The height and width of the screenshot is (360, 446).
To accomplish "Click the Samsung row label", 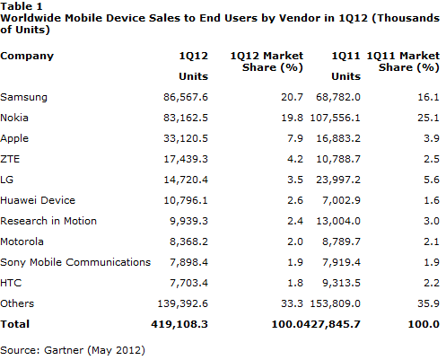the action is pyautogui.click(x=23, y=97).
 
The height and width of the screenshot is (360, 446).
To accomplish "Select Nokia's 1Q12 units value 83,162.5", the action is pyautogui.click(x=186, y=118).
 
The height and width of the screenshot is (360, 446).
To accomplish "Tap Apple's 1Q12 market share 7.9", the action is pyautogui.click(x=295, y=138).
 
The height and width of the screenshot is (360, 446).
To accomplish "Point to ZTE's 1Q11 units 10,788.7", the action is pyautogui.click(x=338, y=159).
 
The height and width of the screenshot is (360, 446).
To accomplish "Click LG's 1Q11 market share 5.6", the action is pyautogui.click(x=432, y=180).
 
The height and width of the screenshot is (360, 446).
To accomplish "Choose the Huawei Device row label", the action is pyautogui.click(x=38, y=200).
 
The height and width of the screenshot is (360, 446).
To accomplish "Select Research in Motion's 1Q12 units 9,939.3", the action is pyautogui.click(x=188, y=221).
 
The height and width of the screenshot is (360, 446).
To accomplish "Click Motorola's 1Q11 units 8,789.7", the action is pyautogui.click(x=341, y=241).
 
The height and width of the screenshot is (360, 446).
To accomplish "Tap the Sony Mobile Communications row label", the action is pyautogui.click(x=75, y=262).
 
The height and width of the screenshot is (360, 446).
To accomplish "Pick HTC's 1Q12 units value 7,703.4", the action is pyautogui.click(x=188, y=283).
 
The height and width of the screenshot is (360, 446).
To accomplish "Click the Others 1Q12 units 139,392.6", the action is pyautogui.click(x=182, y=303).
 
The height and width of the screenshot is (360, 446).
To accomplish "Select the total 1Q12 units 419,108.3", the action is pyautogui.click(x=179, y=324).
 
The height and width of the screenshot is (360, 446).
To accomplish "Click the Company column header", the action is pyautogui.click(x=27, y=57).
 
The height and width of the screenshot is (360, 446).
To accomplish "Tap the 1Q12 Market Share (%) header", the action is pyautogui.click(x=267, y=62).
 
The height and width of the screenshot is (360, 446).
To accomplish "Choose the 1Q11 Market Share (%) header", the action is pyautogui.click(x=403, y=62).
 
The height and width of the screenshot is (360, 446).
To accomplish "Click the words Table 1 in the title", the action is pyautogui.click(x=22, y=6).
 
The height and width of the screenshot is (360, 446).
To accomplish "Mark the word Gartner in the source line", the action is pyautogui.click(x=64, y=350).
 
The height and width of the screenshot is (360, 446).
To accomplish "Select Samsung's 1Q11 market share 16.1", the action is pyautogui.click(x=428, y=97).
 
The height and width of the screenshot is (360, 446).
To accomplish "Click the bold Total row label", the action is pyautogui.click(x=15, y=324).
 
